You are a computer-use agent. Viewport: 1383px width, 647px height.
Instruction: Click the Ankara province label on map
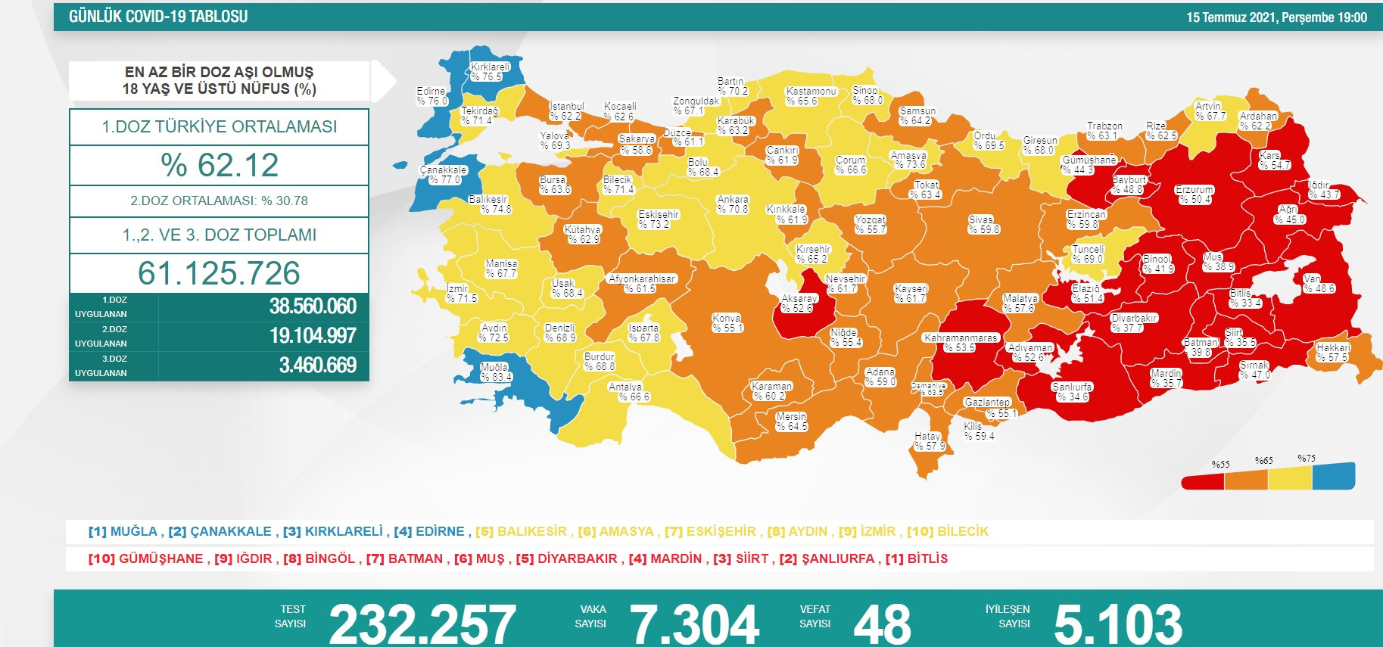click(732, 204)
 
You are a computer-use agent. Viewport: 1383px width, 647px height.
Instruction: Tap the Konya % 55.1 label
click(727, 323)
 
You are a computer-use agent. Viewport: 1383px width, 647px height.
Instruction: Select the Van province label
click(1319, 284)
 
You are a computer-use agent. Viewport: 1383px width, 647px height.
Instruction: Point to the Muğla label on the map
click(496, 372)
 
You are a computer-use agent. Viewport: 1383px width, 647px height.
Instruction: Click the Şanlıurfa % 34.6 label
click(1072, 391)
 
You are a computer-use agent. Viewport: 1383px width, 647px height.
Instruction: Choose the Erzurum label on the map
click(1195, 194)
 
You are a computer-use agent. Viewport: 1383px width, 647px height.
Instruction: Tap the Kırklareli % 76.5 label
click(490, 72)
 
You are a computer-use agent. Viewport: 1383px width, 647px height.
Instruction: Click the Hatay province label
click(929, 441)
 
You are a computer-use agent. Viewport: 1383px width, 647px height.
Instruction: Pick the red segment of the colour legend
click(1203, 481)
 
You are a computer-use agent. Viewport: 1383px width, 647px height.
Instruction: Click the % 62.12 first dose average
click(220, 165)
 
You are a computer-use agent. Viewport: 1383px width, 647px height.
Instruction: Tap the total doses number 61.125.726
click(219, 273)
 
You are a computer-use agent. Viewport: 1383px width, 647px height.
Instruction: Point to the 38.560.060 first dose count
click(313, 306)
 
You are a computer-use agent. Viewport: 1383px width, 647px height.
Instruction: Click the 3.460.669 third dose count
click(317, 365)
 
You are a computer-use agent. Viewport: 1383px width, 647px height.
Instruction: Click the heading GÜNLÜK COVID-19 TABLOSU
click(158, 17)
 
